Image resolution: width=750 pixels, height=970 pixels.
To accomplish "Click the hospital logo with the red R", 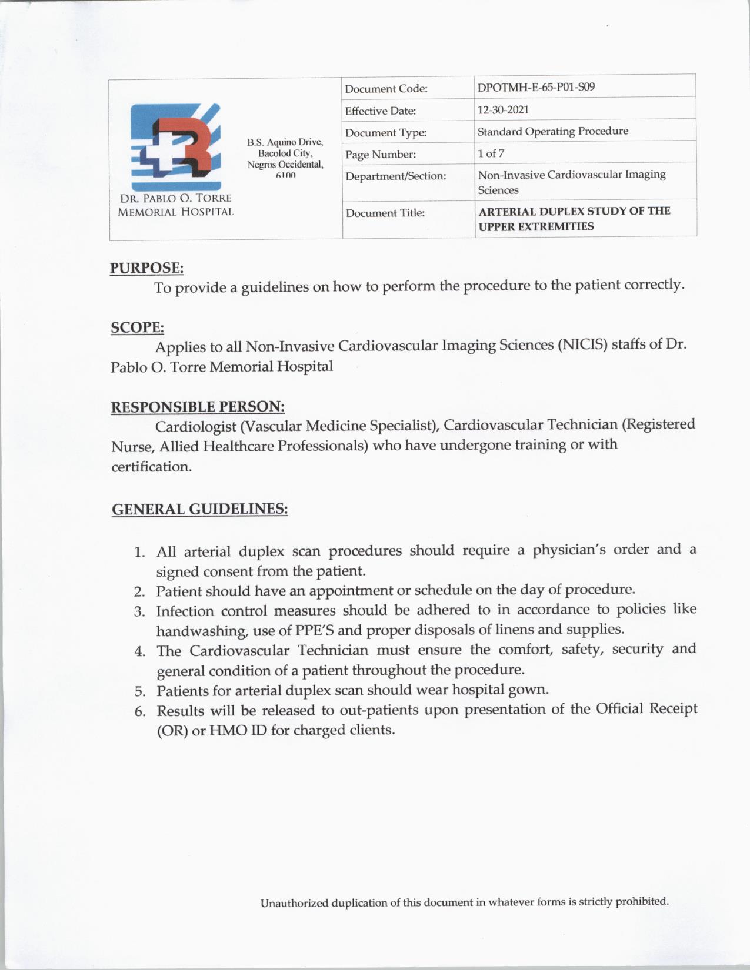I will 175,147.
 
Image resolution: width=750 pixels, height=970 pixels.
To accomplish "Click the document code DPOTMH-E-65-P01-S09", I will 536,88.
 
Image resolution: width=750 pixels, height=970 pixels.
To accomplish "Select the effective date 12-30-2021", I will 503,109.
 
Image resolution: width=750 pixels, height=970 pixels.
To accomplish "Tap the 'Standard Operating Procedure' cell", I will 552,131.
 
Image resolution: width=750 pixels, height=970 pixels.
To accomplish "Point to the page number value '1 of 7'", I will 491,153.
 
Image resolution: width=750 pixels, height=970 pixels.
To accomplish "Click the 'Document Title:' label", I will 385,213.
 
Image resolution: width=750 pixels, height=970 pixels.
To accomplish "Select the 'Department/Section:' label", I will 395,176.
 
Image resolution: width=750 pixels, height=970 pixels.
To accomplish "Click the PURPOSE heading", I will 147,268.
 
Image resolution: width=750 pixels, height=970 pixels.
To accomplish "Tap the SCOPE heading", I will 137,327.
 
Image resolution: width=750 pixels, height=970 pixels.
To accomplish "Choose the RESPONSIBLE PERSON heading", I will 198,407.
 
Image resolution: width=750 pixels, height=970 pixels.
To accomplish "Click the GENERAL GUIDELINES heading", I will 199,509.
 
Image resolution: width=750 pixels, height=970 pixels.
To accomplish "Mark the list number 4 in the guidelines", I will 139,651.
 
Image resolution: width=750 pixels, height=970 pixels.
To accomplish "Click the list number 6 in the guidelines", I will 140,711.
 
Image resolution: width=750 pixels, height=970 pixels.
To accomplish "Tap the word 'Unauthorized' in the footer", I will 294,902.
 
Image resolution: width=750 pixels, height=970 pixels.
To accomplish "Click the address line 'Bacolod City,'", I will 285,153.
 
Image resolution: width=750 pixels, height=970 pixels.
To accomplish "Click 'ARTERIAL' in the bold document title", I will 507,212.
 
